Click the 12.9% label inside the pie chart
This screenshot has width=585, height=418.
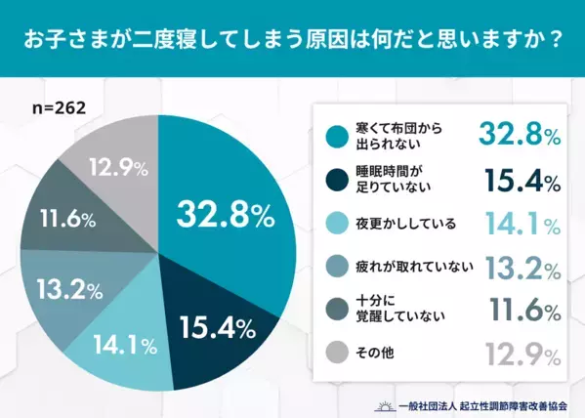(119, 168)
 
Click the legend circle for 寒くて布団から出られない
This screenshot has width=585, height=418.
(339, 137)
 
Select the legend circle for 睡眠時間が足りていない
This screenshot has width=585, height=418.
(339, 181)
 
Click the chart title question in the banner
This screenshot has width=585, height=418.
(292, 42)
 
